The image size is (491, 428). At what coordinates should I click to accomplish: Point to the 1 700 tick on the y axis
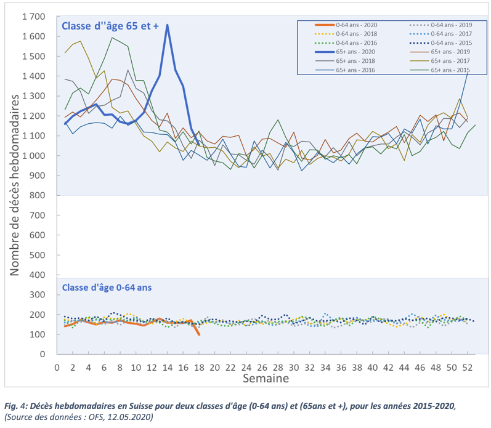pyautogui.click(x=33, y=17)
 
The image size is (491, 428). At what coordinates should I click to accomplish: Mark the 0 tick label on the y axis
pyautogui.click(x=44, y=354)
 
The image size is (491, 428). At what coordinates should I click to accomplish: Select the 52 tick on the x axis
pyautogui.click(x=467, y=367)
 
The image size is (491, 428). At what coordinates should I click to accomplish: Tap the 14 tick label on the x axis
pyautogui.click(x=167, y=367)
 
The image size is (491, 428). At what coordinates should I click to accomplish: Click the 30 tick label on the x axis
pyautogui.click(x=293, y=367)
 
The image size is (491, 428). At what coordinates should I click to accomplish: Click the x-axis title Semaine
pyautogui.click(x=265, y=378)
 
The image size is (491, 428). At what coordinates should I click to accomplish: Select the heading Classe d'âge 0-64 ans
pyautogui.click(x=106, y=287)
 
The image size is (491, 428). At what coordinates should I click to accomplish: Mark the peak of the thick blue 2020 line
pyautogui.click(x=167, y=25)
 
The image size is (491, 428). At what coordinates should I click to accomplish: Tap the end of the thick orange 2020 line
pyautogui.click(x=198, y=334)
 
